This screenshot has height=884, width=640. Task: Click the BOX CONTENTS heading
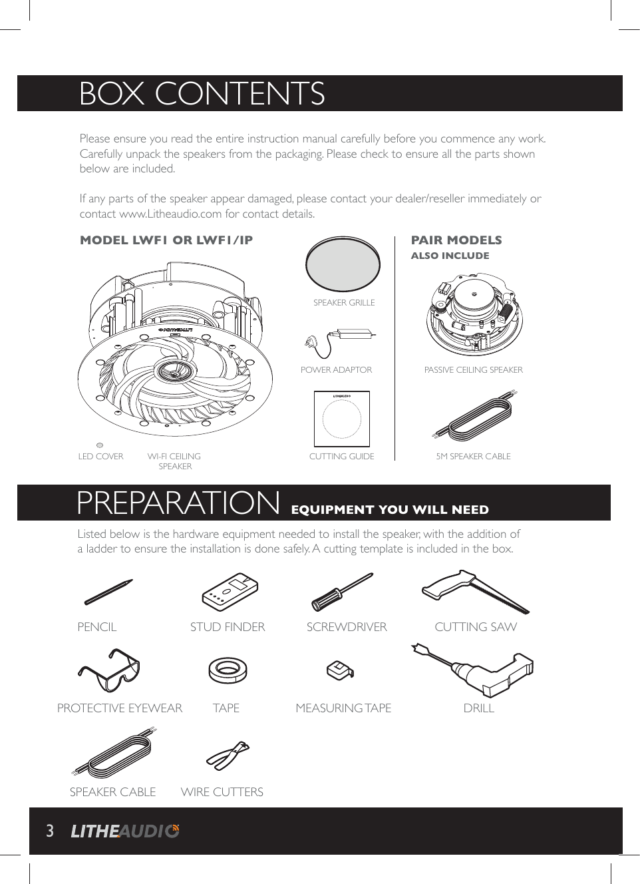tap(202, 94)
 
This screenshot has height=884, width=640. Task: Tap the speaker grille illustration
tap(343, 264)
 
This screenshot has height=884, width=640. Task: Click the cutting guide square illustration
tap(341, 419)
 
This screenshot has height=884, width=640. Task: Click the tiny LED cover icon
tap(100, 445)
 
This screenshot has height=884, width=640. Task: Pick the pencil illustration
tap(108, 592)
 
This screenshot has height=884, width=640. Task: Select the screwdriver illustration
tap(342, 592)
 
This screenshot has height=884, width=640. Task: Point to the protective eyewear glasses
tap(109, 670)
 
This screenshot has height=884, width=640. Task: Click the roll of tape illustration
tap(228, 670)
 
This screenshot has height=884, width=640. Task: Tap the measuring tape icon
tap(340, 670)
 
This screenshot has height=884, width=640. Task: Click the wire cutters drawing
tap(228, 755)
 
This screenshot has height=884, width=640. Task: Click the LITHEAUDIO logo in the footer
tap(125, 831)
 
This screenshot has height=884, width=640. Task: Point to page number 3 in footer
tap(49, 831)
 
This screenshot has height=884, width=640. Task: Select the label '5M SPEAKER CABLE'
tap(473, 457)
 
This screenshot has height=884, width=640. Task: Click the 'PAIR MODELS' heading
tap(456, 240)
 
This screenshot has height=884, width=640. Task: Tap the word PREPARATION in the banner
tap(178, 503)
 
